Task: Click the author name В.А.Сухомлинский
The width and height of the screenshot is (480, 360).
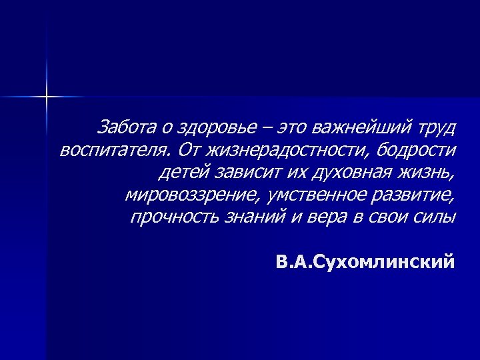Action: [x=366, y=261]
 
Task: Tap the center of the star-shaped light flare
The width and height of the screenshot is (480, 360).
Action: [x=47, y=97]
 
